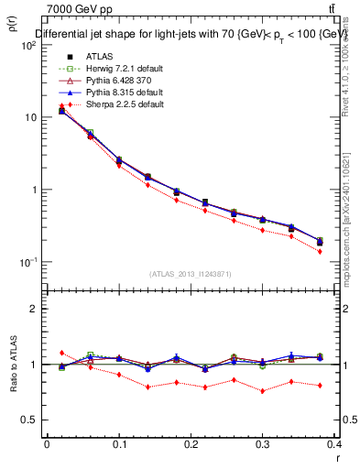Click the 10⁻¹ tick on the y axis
(28, 262)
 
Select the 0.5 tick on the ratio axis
(30, 420)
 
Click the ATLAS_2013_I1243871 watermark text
(191, 274)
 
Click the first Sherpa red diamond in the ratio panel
(62, 353)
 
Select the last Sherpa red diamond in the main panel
(320, 251)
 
